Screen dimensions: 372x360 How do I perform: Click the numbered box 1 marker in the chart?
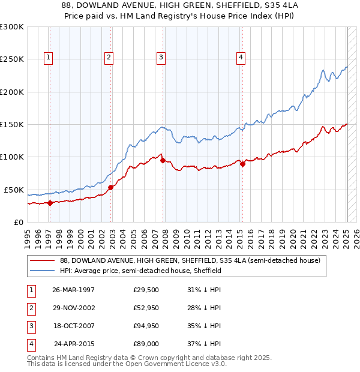pyautogui.click(x=48, y=58)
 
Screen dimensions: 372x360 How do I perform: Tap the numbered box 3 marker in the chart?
pyautogui.click(x=161, y=58)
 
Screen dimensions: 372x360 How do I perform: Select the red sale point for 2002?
pyautogui.click(x=111, y=187)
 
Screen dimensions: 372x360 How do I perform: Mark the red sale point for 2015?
pyautogui.click(x=242, y=164)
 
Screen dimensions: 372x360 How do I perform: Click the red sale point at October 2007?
pyautogui.click(x=163, y=160)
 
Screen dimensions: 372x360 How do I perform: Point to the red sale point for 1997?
pyautogui.click(x=50, y=203)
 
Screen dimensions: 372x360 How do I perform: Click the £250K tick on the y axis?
pyautogui.click(x=12, y=59)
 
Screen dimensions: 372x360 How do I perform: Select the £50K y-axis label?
pyautogui.click(x=14, y=190)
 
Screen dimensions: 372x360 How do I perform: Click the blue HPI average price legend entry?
pyautogui.click(x=141, y=271)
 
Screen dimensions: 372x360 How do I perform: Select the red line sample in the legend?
pyautogui.click(x=42, y=261)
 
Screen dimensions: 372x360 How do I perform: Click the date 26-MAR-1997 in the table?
pyautogui.click(x=73, y=290)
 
